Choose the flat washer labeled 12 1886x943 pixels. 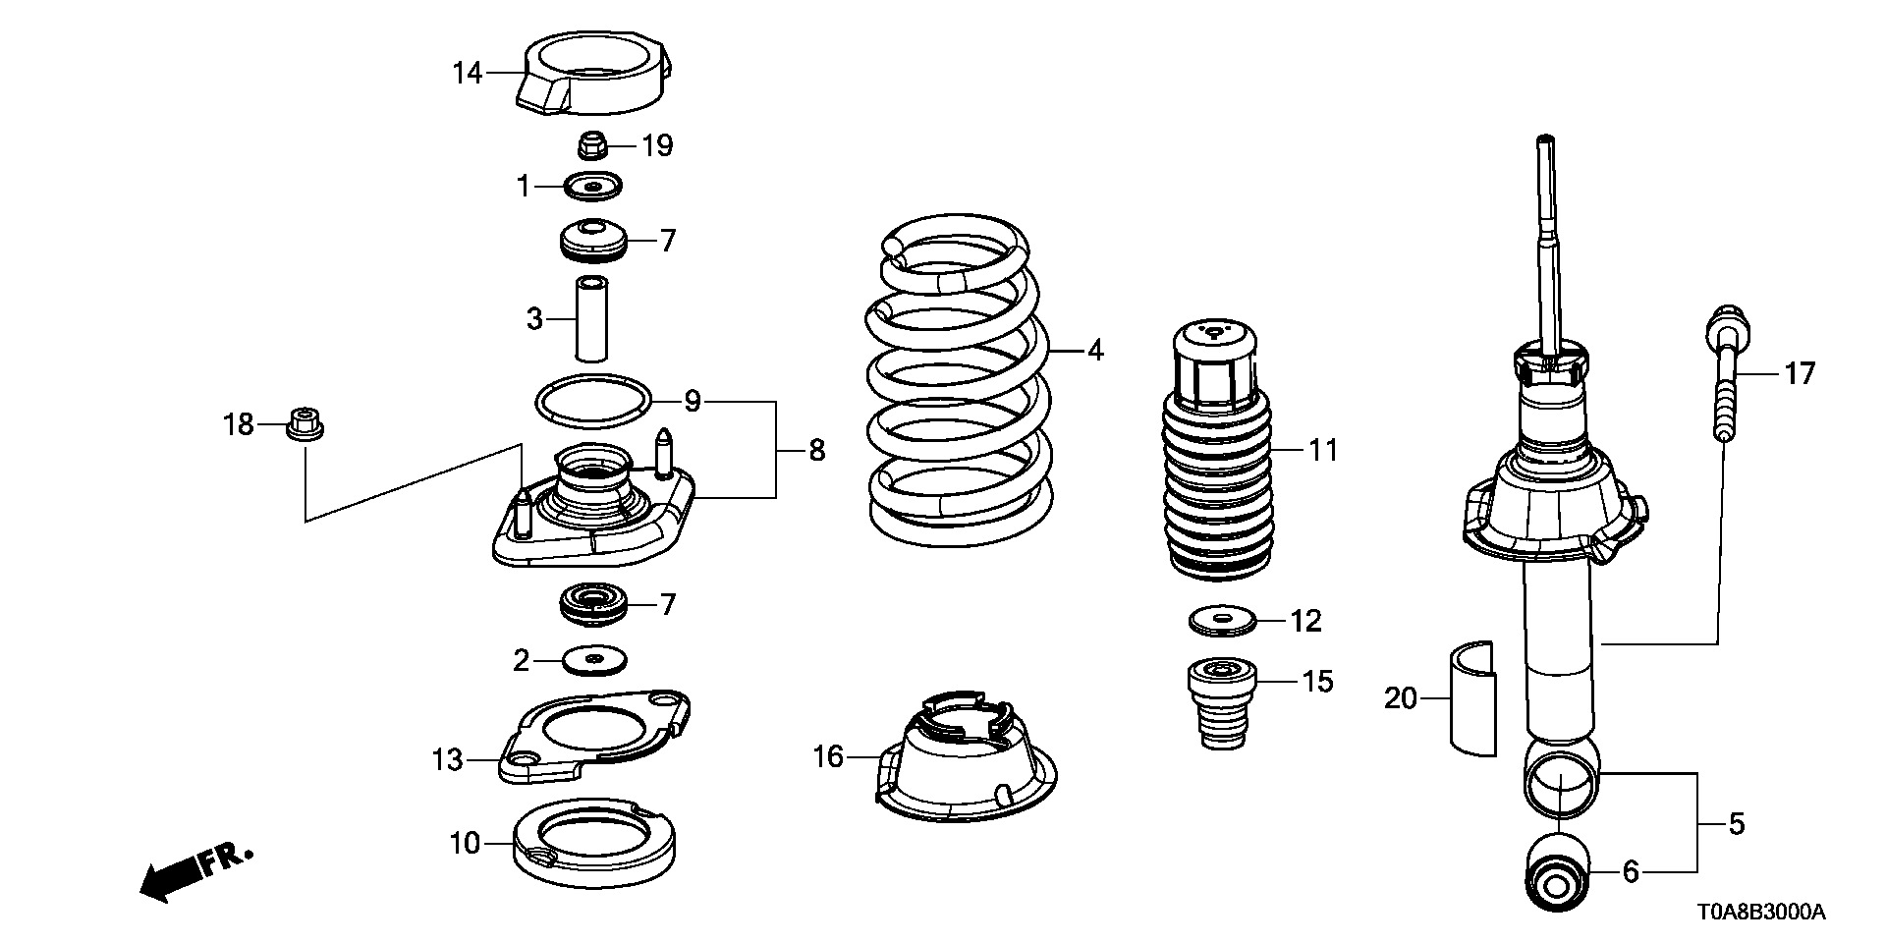(x=1223, y=621)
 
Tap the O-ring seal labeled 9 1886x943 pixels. (x=593, y=401)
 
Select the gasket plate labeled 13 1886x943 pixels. (x=593, y=737)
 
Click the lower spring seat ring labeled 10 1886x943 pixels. (x=593, y=843)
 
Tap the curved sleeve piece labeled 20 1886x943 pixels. (x=1471, y=698)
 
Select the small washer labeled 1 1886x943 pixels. (x=593, y=185)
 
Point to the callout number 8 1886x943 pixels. (x=816, y=451)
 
